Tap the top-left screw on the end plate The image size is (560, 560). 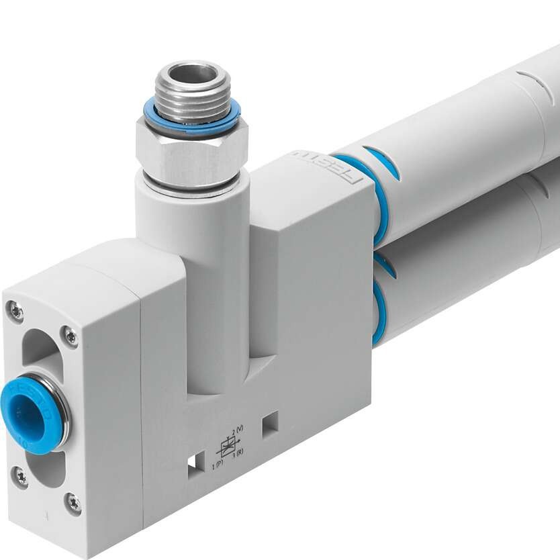pos(15,312)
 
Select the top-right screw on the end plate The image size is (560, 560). pos(70,336)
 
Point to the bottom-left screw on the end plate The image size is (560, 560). pos(21,477)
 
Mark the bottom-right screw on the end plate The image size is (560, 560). pos(73,502)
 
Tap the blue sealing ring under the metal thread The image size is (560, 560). pos(192,120)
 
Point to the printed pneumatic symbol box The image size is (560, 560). pos(228,447)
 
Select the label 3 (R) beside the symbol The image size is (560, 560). pos(238,453)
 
